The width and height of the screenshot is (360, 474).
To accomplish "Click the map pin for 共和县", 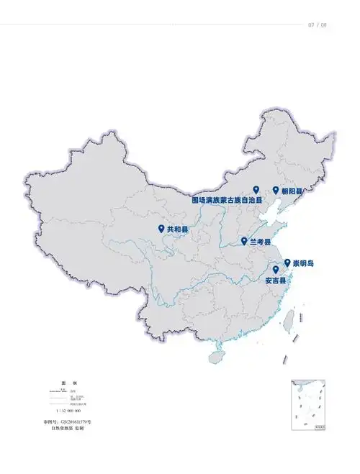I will [161, 228].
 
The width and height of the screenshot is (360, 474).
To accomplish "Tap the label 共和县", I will [178, 229].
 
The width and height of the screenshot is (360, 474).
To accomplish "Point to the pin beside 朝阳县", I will [276, 190].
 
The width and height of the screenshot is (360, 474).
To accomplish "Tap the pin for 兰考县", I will [244, 241].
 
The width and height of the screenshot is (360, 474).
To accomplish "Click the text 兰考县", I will [260, 242].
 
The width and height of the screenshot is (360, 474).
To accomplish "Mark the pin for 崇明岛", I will [287, 263].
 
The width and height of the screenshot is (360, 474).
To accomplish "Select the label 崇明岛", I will [303, 264].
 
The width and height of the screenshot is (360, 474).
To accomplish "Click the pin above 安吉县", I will [276, 270].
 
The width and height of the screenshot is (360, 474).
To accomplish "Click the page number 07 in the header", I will [312, 25].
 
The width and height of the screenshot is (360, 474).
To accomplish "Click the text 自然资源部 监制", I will [68, 428].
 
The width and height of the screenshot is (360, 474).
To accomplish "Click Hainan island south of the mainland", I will [216, 356].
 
